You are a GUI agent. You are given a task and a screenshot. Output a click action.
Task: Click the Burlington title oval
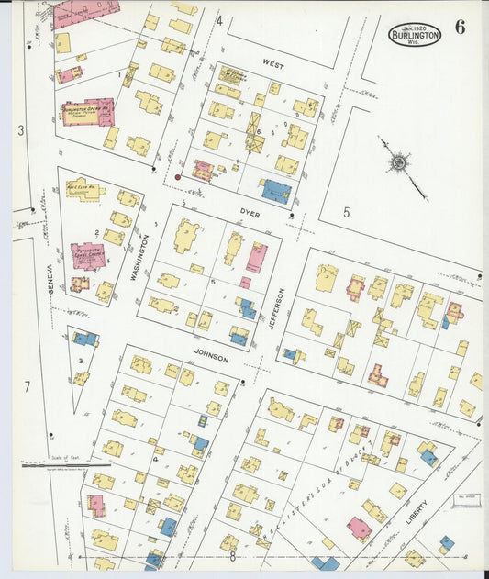pos(414,34)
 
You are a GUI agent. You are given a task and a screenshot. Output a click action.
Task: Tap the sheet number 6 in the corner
pos(460,27)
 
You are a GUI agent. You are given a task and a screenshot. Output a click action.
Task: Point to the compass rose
pos(398,163)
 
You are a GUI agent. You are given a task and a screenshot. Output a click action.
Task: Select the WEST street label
pos(272,64)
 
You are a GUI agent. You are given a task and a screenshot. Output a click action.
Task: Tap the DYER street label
pos(250,214)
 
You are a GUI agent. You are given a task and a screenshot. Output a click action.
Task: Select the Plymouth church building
pos(89,256)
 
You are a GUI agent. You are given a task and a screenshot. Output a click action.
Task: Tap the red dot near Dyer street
pos(177,176)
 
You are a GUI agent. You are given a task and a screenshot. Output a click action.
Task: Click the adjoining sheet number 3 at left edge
pos(20,130)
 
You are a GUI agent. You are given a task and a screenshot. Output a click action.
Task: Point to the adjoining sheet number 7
pos(27,386)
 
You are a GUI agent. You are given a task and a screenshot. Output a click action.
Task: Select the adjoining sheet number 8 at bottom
pos(233,556)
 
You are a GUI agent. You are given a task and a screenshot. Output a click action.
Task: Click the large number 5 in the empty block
pos(347,213)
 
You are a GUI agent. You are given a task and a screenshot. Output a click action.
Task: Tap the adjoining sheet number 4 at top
pos(219,20)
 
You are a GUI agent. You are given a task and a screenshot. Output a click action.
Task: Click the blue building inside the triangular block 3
pos(84,339)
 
